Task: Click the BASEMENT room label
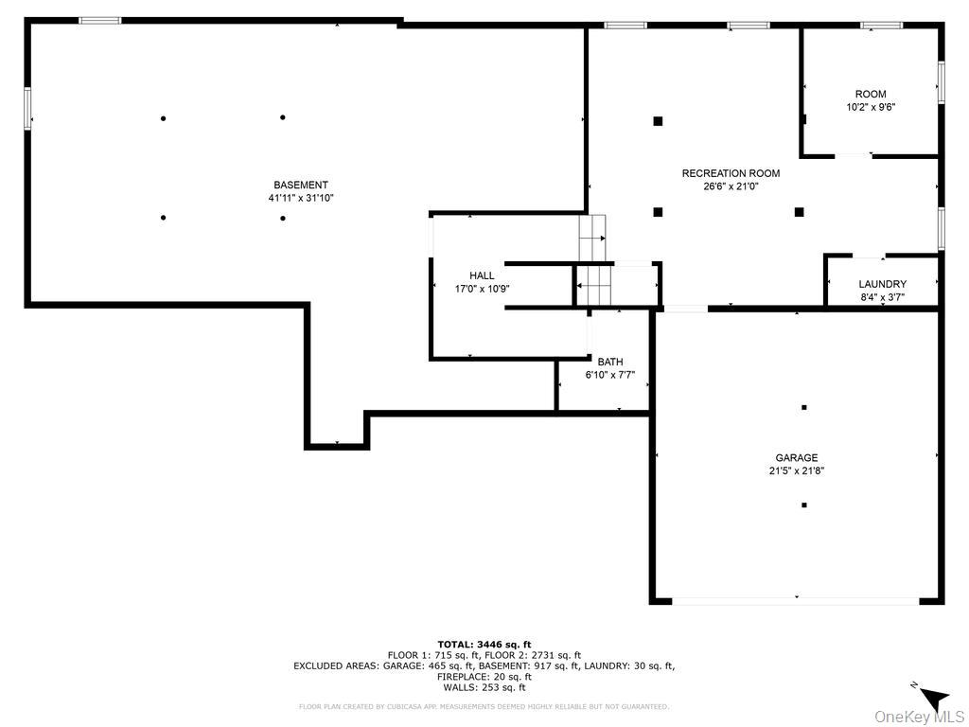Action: [x=301, y=186]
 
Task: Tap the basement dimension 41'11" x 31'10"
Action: [x=301, y=199]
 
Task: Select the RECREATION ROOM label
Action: [x=731, y=173]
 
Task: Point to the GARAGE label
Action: [x=797, y=458]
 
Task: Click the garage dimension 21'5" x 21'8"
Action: [x=797, y=470]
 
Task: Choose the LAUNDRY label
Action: [x=882, y=284]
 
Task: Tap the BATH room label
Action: [x=609, y=362]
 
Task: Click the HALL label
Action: [x=482, y=276]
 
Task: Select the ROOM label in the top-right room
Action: [x=871, y=94]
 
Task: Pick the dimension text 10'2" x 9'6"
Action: [x=871, y=107]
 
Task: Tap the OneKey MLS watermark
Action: [x=920, y=716]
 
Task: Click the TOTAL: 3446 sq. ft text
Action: [x=484, y=645]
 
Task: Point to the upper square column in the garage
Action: [x=803, y=407]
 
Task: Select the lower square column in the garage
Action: [x=803, y=505]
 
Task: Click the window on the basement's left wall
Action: [x=27, y=108]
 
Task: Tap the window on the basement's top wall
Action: [x=99, y=20]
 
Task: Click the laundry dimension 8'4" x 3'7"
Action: [x=882, y=297]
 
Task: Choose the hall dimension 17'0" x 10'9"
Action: [x=482, y=290]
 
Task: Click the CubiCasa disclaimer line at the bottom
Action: [x=484, y=706]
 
